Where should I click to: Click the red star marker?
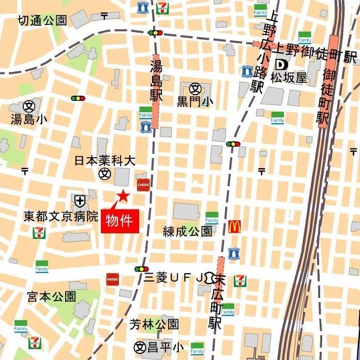pyautogui.click(x=123, y=196)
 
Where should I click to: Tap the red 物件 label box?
pyautogui.click(x=119, y=221)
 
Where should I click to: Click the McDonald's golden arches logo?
pyautogui.click(x=235, y=226)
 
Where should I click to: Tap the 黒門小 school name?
pyautogui.click(x=195, y=101)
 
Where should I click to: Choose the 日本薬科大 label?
pyautogui.click(x=105, y=161)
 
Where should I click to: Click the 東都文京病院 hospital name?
pyautogui.click(x=61, y=215)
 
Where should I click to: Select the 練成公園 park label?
pyautogui.click(x=187, y=231)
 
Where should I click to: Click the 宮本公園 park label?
pyautogui.click(x=51, y=296)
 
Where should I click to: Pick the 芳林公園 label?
pyautogui.click(x=154, y=324)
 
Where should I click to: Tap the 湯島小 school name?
pyautogui.click(x=29, y=119)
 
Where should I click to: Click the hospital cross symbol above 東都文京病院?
pyautogui.click(x=80, y=200)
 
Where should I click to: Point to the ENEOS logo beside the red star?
pyautogui.click(x=143, y=184)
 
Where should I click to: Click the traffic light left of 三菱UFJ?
pyautogui.click(x=141, y=269)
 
